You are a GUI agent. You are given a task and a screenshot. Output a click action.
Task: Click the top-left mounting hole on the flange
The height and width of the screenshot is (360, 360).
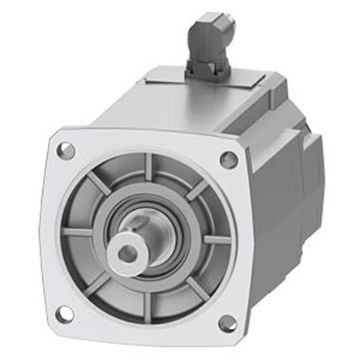tap(66, 150)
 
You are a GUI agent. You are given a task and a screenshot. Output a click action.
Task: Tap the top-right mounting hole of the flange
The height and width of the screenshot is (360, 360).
tap(229, 161)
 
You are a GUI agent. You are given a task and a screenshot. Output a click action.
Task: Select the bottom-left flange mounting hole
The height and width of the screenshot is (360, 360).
tap(64, 314)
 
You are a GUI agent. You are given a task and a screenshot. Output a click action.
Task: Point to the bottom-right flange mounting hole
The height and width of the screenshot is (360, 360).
tap(227, 324)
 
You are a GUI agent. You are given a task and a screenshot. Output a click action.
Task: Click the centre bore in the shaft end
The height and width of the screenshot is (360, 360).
tap(128, 254)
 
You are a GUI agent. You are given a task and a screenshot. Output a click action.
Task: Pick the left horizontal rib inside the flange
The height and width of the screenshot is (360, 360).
tap(78, 233)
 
